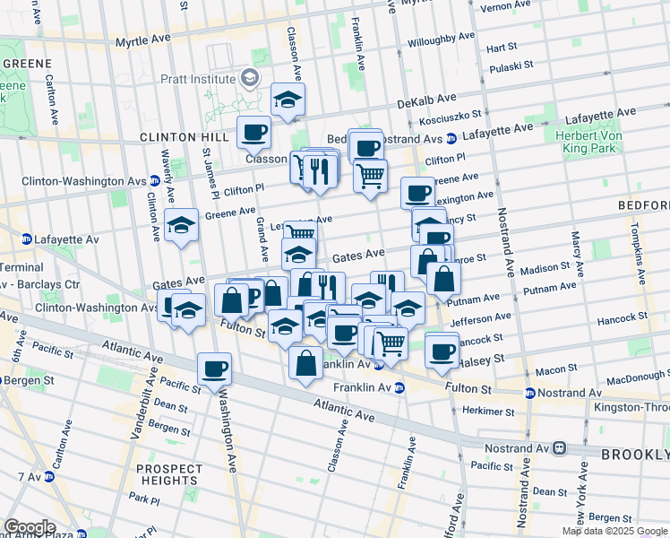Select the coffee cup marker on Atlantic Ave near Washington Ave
214,368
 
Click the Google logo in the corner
29,527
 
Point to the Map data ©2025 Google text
614,531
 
